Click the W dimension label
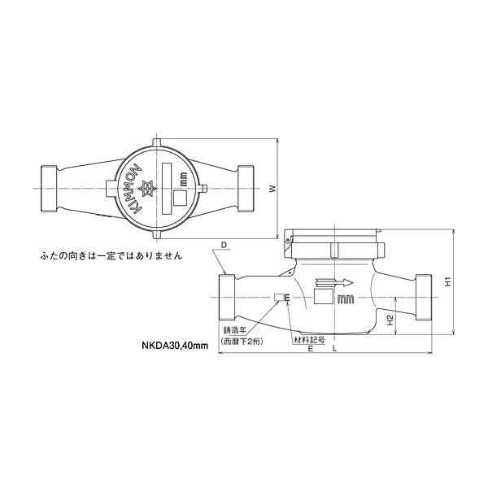point(272,189)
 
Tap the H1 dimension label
point(448,281)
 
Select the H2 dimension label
point(390,320)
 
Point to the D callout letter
point(224,246)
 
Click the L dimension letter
point(335,349)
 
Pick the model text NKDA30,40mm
point(175,346)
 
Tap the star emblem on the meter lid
point(148,189)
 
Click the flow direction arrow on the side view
point(334,283)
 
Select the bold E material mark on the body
point(287,298)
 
